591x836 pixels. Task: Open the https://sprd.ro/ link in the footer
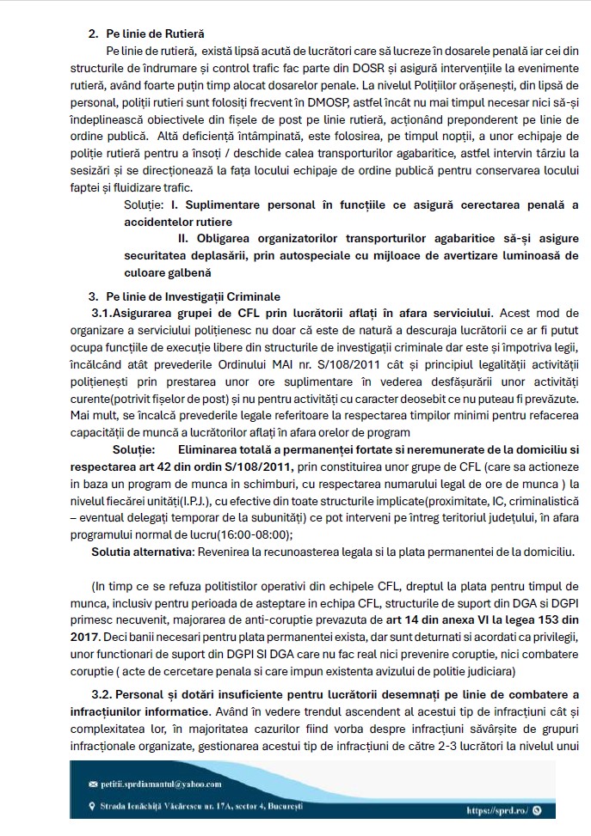click(496, 809)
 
